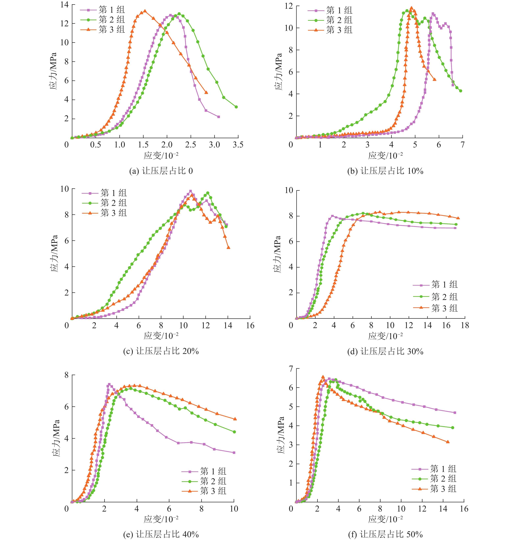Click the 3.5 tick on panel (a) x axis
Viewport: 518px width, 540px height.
click(238, 145)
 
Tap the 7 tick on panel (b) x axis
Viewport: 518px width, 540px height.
click(462, 145)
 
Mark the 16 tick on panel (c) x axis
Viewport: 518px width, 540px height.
click(250, 325)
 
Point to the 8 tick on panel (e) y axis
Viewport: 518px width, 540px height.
click(66, 375)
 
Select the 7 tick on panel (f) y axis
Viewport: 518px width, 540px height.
click(291, 369)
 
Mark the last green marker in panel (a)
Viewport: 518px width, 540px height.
click(236, 107)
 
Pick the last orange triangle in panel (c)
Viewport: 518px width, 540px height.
click(228, 247)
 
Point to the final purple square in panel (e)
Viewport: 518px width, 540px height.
click(234, 453)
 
